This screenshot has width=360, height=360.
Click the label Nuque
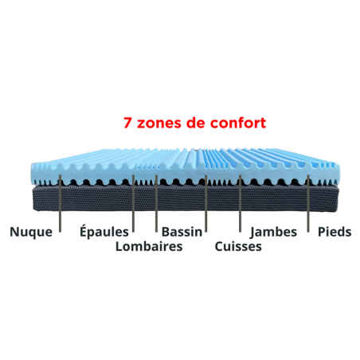tap(31, 232)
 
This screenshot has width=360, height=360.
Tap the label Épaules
tap(104, 231)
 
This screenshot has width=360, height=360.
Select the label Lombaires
tap(149, 246)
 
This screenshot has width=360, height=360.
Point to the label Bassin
tap(182, 232)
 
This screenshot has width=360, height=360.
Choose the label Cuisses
tap(238, 246)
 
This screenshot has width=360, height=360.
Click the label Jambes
tap(273, 233)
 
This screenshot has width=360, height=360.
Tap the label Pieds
tap(335, 232)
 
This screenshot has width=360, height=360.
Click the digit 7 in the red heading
tap(127, 123)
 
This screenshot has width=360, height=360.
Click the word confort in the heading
tap(238, 123)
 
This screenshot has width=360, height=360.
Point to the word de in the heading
tap(196, 123)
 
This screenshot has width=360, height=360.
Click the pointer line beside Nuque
tap(61, 203)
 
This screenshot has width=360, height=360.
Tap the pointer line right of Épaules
tap(133, 203)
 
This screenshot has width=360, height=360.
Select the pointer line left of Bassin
tap(156, 203)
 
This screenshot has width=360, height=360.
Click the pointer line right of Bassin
tap(206, 203)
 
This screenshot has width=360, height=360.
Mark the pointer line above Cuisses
tap(240, 203)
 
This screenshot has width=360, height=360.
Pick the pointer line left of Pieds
tap(308, 203)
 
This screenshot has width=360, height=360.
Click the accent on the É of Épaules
tap(84, 225)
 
